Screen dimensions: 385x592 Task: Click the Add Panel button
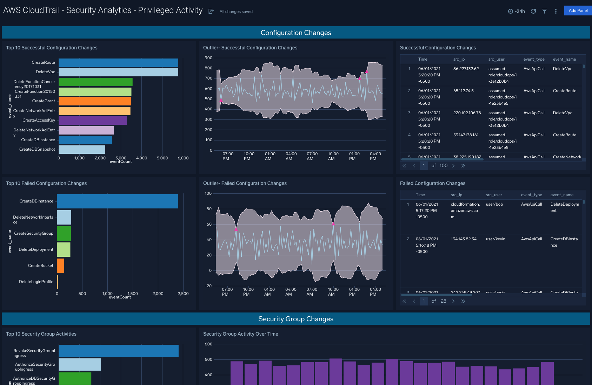tap(578, 11)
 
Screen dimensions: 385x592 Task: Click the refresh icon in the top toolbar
tap(533, 11)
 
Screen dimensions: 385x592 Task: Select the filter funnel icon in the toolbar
tap(544, 11)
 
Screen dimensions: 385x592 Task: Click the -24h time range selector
tap(517, 11)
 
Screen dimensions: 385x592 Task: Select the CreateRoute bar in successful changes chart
tap(118, 63)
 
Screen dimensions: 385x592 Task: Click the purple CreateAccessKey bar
tap(93, 121)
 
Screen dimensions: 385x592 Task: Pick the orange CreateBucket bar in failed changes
tap(60, 266)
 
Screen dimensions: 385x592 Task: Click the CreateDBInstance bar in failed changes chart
tap(117, 201)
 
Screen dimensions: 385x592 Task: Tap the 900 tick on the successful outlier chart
tap(208, 58)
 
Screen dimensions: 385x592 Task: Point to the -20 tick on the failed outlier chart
tap(208, 286)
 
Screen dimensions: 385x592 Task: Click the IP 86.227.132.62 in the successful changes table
tap(466, 69)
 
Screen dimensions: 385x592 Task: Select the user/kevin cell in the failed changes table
tap(495, 239)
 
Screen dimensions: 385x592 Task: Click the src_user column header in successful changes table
tap(496, 59)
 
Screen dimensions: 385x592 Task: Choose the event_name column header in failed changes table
tap(561, 195)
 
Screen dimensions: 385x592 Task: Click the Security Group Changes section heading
tap(295, 319)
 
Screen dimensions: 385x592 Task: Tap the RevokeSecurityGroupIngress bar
tap(118, 351)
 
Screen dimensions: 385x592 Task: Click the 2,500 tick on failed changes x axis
tap(183, 294)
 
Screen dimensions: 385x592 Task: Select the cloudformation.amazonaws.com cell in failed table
tap(465, 211)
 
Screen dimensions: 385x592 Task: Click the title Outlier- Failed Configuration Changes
tap(245, 183)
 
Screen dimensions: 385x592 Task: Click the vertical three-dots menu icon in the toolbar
tap(556, 11)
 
